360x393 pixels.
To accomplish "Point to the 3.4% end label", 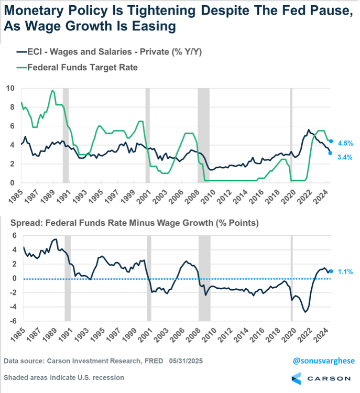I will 345,157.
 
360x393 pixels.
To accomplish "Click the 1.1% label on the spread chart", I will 345,272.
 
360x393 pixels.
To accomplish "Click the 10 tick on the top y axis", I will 10,88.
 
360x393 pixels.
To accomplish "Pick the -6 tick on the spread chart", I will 10,321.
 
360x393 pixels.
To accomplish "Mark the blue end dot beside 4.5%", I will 331,141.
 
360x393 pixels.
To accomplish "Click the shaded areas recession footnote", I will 64,377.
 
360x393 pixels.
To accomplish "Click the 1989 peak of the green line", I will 52,91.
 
